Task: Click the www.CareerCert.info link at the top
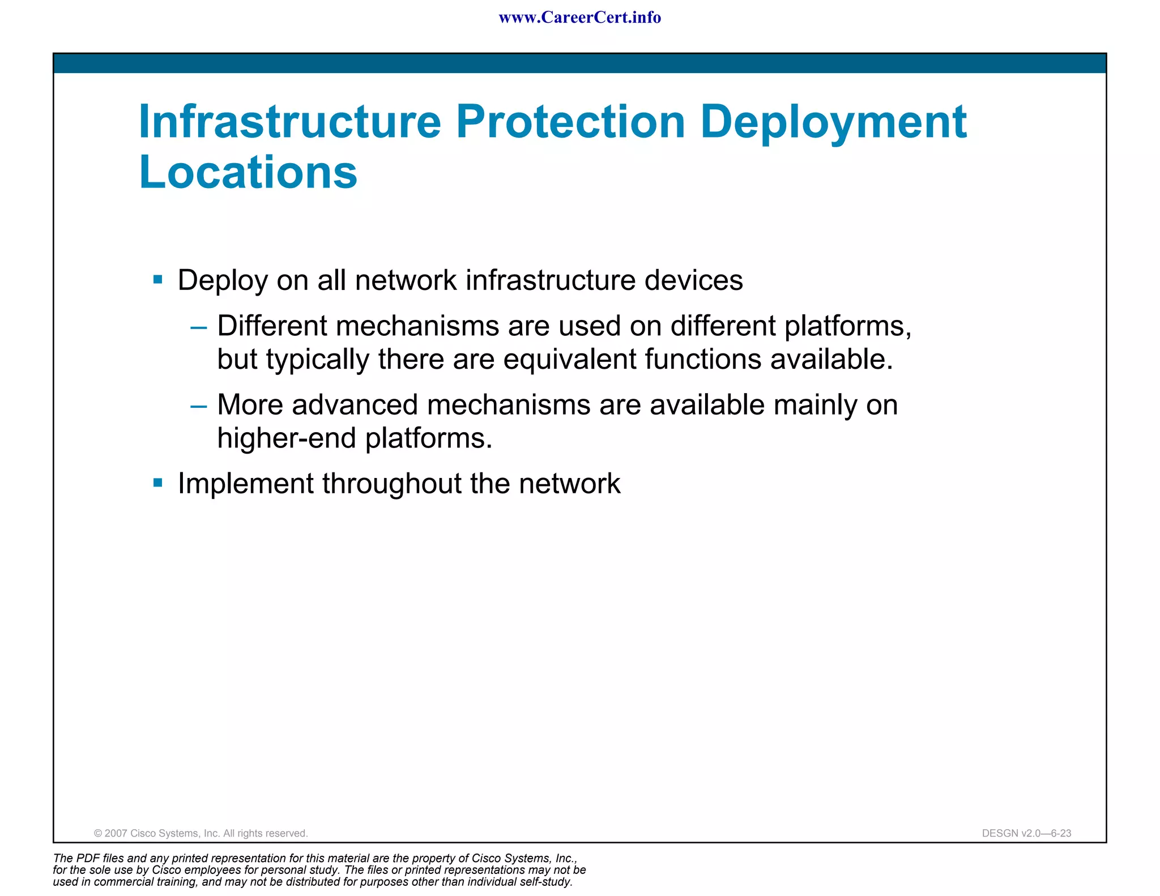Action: click(x=579, y=18)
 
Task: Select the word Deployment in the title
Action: click(x=833, y=123)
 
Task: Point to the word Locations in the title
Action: click(x=248, y=172)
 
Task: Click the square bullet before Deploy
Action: click(x=158, y=279)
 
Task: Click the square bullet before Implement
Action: click(x=158, y=483)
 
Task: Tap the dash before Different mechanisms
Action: click(x=199, y=327)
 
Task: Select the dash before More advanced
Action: click(x=199, y=406)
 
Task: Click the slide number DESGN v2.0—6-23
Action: click(x=1026, y=833)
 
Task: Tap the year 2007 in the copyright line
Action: click(x=116, y=833)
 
